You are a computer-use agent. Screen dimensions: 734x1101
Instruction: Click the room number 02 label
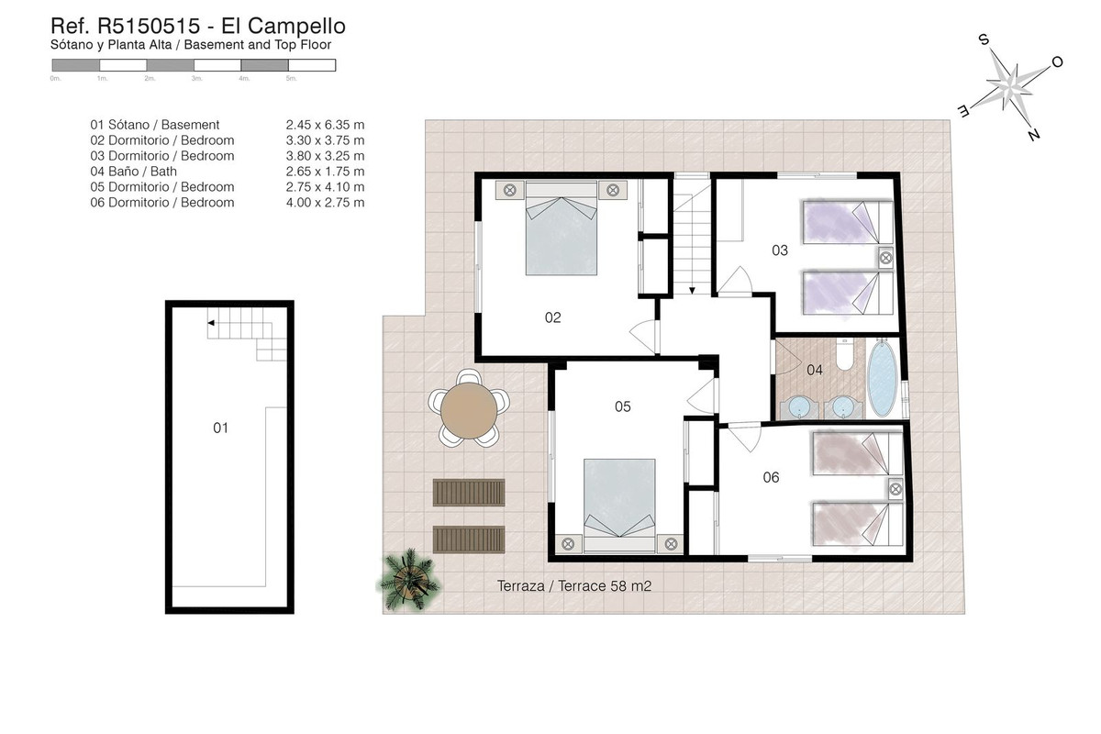[552, 317]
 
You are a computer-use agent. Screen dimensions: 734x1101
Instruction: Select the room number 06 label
[771, 476]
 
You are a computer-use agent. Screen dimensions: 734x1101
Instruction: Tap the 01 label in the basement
[220, 428]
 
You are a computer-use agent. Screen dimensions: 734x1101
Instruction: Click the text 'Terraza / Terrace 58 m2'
[573, 586]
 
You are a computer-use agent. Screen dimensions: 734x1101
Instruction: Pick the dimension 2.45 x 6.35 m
[325, 125]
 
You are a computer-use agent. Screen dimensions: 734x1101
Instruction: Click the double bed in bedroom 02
[561, 235]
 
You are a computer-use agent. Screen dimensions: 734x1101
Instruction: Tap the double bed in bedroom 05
[619, 500]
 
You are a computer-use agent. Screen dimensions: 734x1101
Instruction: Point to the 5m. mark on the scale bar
[291, 79]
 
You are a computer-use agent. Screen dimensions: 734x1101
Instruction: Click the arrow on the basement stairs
[211, 323]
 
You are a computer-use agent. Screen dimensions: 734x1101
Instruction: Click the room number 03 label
[780, 249]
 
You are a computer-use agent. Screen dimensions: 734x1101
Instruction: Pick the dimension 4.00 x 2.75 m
[325, 203]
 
